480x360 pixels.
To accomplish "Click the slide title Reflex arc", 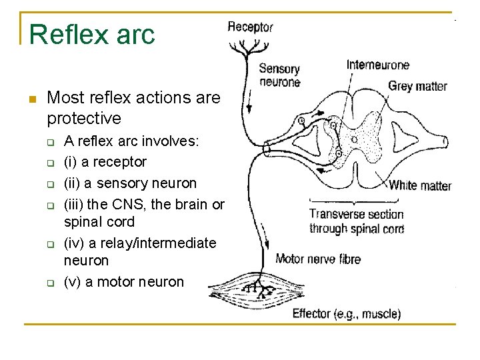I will (x=92, y=33).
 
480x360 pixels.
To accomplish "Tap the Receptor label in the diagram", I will (x=250, y=27).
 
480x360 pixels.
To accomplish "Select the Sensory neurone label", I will (x=279, y=75).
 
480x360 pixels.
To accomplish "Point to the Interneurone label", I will (x=378, y=65).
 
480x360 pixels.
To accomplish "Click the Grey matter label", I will (x=418, y=86).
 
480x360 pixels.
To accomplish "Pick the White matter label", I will (x=420, y=185).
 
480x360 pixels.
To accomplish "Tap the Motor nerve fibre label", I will (x=318, y=259).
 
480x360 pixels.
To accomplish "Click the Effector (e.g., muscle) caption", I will (x=347, y=313).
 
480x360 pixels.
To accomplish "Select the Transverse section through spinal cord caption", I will (x=357, y=221).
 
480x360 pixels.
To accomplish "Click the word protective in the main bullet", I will (x=84, y=119).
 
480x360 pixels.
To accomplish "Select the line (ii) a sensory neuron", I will (x=130, y=183).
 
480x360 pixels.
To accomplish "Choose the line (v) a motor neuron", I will (x=123, y=281).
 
